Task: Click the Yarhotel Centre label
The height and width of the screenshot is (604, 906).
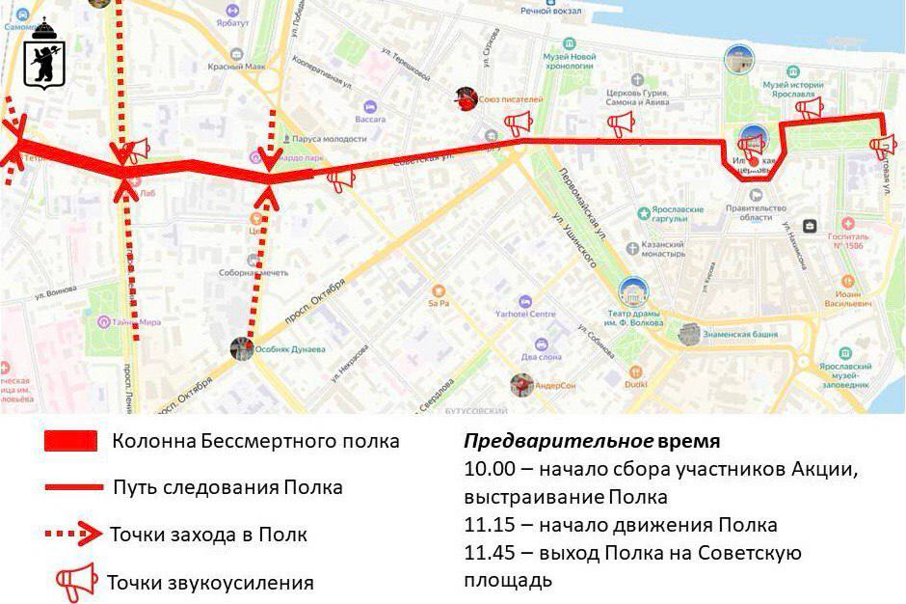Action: click(525, 314)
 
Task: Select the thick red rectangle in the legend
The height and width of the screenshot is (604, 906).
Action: click(70, 442)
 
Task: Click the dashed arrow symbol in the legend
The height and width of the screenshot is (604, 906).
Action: click(72, 534)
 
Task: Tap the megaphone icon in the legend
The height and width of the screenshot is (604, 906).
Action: click(76, 581)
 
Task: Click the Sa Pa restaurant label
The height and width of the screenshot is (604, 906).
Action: click(439, 302)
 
